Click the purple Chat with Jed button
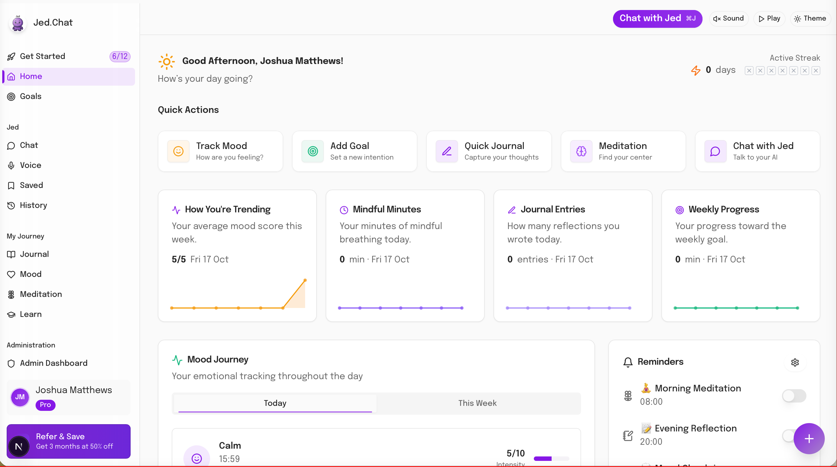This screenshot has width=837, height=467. pyautogui.click(x=657, y=19)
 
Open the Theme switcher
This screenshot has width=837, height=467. pyautogui.click(x=810, y=19)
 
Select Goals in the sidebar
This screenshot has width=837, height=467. pyautogui.click(x=31, y=96)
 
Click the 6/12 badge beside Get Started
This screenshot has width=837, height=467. pyautogui.click(x=119, y=56)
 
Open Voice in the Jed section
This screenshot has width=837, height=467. pyautogui.click(x=31, y=165)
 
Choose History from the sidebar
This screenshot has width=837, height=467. pyautogui.click(x=33, y=205)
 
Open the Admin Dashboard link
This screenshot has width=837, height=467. pyautogui.click(x=54, y=363)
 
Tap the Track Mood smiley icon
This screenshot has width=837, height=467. pyautogui.click(x=178, y=151)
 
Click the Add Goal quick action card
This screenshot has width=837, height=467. pyautogui.click(x=355, y=151)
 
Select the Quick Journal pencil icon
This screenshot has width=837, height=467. pyautogui.click(x=447, y=151)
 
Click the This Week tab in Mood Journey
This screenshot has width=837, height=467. pyautogui.click(x=477, y=403)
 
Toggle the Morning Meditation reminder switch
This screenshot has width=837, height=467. pyautogui.click(x=794, y=396)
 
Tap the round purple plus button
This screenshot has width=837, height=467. pyautogui.click(x=809, y=438)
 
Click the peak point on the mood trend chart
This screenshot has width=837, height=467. pyautogui.click(x=305, y=280)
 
